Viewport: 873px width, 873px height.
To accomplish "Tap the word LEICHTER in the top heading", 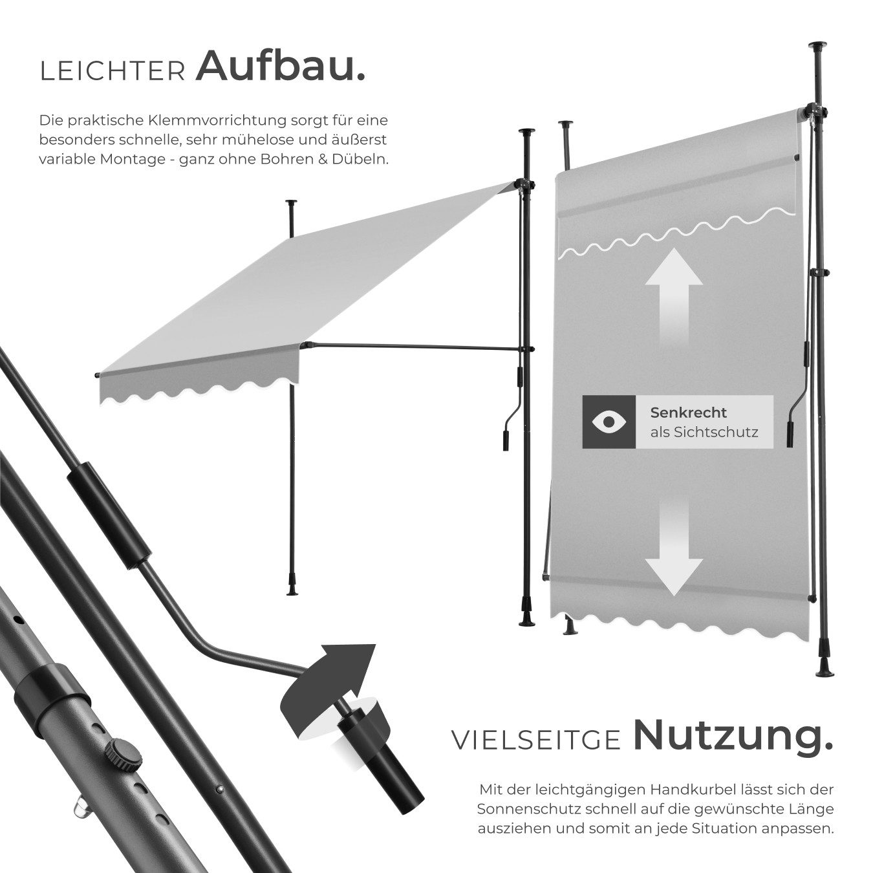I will coord(113,72).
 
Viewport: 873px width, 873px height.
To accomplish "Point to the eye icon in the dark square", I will coord(609,422).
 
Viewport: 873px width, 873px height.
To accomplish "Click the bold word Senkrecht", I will coord(688,413).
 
